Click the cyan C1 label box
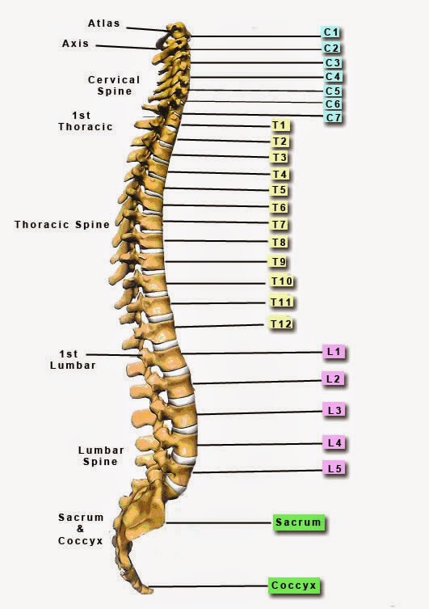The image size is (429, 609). tap(330, 32)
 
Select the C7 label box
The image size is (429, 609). tap(332, 117)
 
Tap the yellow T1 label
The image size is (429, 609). tap(280, 125)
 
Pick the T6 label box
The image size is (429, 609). tap(279, 207)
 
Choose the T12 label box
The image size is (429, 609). tap(280, 324)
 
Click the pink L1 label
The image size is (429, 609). tap(333, 352)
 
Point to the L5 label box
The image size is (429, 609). tap(334, 468)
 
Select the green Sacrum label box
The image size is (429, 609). tap(298, 522)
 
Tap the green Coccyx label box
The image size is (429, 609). tap(293, 586)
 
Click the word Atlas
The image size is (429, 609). tap(103, 23)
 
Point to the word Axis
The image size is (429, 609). tap(75, 44)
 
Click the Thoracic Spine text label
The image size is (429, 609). tap(62, 225)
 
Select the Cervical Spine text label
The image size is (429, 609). tap(114, 86)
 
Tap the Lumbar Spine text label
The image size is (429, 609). tap(101, 456)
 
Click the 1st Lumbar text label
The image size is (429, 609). tap(73, 360)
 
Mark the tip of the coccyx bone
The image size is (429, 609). tap(151, 591)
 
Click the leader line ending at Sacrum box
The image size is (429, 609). tap(219, 522)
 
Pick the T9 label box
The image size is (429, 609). tap(279, 262)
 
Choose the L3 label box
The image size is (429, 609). tap(334, 410)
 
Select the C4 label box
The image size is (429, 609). tap(332, 77)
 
